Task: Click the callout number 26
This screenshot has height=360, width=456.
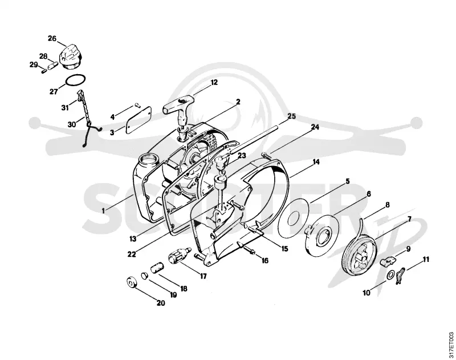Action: (52, 38)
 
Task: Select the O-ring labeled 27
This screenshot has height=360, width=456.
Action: (76, 80)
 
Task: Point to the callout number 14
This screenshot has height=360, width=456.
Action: (316, 162)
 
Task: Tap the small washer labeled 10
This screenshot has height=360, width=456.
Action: (391, 274)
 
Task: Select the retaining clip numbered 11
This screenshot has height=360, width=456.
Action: (400, 276)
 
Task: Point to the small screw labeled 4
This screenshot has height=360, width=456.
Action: (138, 106)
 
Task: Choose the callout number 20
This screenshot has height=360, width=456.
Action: (161, 303)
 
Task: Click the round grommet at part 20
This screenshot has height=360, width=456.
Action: (132, 283)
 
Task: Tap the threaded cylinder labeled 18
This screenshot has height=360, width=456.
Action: (157, 268)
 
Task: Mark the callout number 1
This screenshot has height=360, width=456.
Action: (103, 211)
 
